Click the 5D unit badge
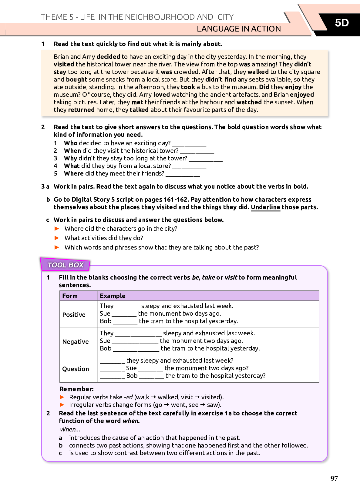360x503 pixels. pyautogui.click(x=341, y=23)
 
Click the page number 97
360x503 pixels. pyautogui.click(x=334, y=478)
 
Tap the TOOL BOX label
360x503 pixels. pyautogui.click(x=66, y=265)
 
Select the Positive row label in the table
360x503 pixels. pyautogui.click(x=74, y=315)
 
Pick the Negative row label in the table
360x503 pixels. pyautogui.click(x=76, y=342)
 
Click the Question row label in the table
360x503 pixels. pyautogui.click(x=76, y=369)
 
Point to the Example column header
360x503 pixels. pyautogui.click(x=113, y=296)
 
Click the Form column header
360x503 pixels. pyautogui.click(x=70, y=296)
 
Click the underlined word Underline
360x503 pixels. pyautogui.click(x=265, y=207)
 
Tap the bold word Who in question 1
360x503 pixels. pyautogui.click(x=71, y=143)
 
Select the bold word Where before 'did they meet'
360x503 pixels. pyautogui.click(x=74, y=173)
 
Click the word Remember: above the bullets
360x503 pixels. pyautogui.click(x=76, y=389)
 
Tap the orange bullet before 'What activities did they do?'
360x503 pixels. pyautogui.click(x=57, y=238)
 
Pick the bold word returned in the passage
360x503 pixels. pyautogui.click(x=81, y=110)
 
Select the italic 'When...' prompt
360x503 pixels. pyautogui.click(x=70, y=429)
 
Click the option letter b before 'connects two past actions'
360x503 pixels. pyautogui.click(x=61, y=445)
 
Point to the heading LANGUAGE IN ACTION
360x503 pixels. pyautogui.click(x=239, y=29)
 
